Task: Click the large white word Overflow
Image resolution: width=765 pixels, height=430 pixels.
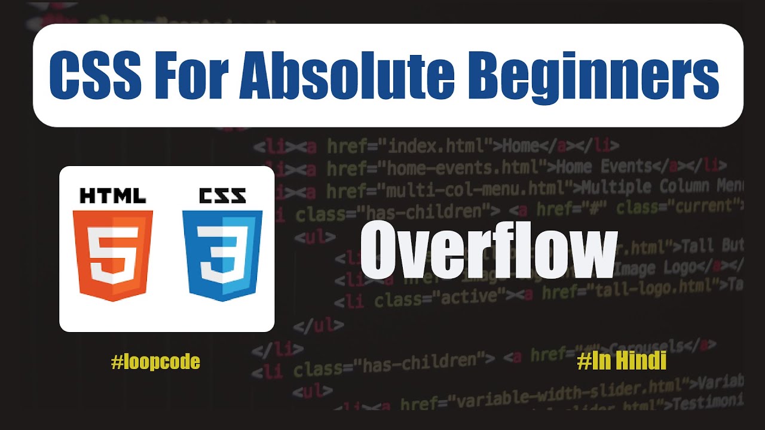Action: point(487,251)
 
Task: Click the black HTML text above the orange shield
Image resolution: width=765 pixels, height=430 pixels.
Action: point(113,196)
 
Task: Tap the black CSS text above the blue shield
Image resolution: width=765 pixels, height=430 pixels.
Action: point(222,196)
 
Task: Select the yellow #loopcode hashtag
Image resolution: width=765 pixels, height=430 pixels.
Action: point(155,361)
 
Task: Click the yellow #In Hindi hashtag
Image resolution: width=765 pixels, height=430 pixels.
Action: point(622,361)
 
